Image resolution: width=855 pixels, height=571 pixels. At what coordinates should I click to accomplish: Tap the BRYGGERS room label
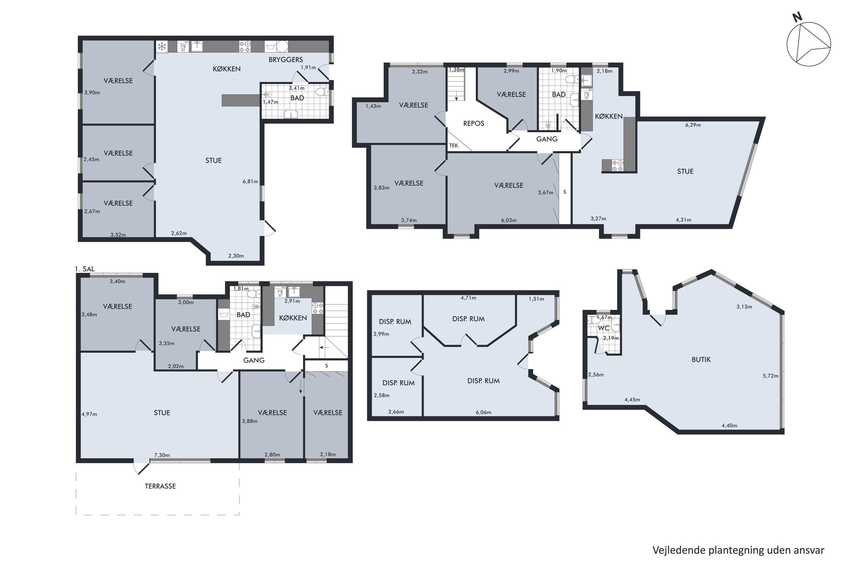(286, 60)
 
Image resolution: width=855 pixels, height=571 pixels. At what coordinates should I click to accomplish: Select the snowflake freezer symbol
(162, 47)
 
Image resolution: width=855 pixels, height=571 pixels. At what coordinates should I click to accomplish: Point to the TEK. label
(454, 145)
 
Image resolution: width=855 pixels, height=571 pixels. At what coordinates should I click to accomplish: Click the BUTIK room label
(701, 360)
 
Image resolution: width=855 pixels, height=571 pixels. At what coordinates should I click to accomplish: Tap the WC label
(603, 328)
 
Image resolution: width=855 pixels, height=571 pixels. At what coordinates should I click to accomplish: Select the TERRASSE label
(160, 486)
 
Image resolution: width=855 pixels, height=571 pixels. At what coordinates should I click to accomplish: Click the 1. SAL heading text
(84, 269)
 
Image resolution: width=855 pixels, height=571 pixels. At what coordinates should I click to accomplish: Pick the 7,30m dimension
(162, 455)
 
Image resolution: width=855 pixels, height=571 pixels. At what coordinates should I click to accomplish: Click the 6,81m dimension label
(250, 181)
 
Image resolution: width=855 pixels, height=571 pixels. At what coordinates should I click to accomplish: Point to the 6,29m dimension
(693, 125)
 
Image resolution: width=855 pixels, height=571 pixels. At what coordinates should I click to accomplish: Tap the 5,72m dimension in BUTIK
(770, 376)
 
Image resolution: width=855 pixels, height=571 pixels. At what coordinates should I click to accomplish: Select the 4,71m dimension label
(468, 298)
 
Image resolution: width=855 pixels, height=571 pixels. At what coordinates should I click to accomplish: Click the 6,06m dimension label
(483, 412)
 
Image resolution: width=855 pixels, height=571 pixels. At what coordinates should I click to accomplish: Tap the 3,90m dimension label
(92, 92)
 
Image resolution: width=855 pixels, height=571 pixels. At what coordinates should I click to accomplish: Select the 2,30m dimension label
(236, 256)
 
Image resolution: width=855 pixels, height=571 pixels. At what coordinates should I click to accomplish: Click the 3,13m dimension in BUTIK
(744, 307)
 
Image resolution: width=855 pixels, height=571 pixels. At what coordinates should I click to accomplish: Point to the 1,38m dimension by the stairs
(456, 70)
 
